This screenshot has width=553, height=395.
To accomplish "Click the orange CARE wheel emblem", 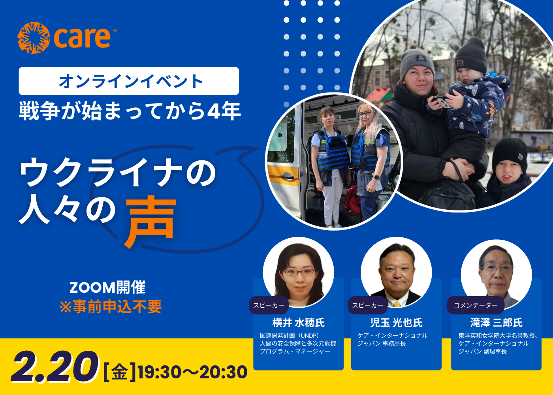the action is (x=34, y=38).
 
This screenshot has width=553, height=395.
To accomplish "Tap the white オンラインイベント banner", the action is (x=129, y=81).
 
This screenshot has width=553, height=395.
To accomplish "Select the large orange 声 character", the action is (x=151, y=222).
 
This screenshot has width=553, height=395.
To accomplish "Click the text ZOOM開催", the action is (x=107, y=288).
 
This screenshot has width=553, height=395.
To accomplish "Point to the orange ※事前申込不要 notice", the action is (x=111, y=307).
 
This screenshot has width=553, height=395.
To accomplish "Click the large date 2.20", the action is (x=55, y=367).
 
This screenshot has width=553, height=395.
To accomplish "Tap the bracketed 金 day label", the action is (x=120, y=372).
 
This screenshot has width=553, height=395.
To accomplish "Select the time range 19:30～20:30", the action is (x=193, y=372).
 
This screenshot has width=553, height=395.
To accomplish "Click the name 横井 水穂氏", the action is (x=299, y=323).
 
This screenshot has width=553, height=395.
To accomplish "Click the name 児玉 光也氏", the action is (x=397, y=323).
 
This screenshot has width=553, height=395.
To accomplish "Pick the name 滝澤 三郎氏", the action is (x=497, y=323).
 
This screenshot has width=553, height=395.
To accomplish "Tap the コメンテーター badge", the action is (x=476, y=305).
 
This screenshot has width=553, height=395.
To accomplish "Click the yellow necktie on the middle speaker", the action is (x=397, y=304).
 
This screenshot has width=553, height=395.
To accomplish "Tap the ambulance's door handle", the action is (x=287, y=176).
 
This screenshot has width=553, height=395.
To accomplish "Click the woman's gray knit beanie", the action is (x=417, y=63).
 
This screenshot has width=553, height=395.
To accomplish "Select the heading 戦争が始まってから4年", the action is (x=130, y=111).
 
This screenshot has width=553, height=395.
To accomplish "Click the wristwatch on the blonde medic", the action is (x=376, y=177).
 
